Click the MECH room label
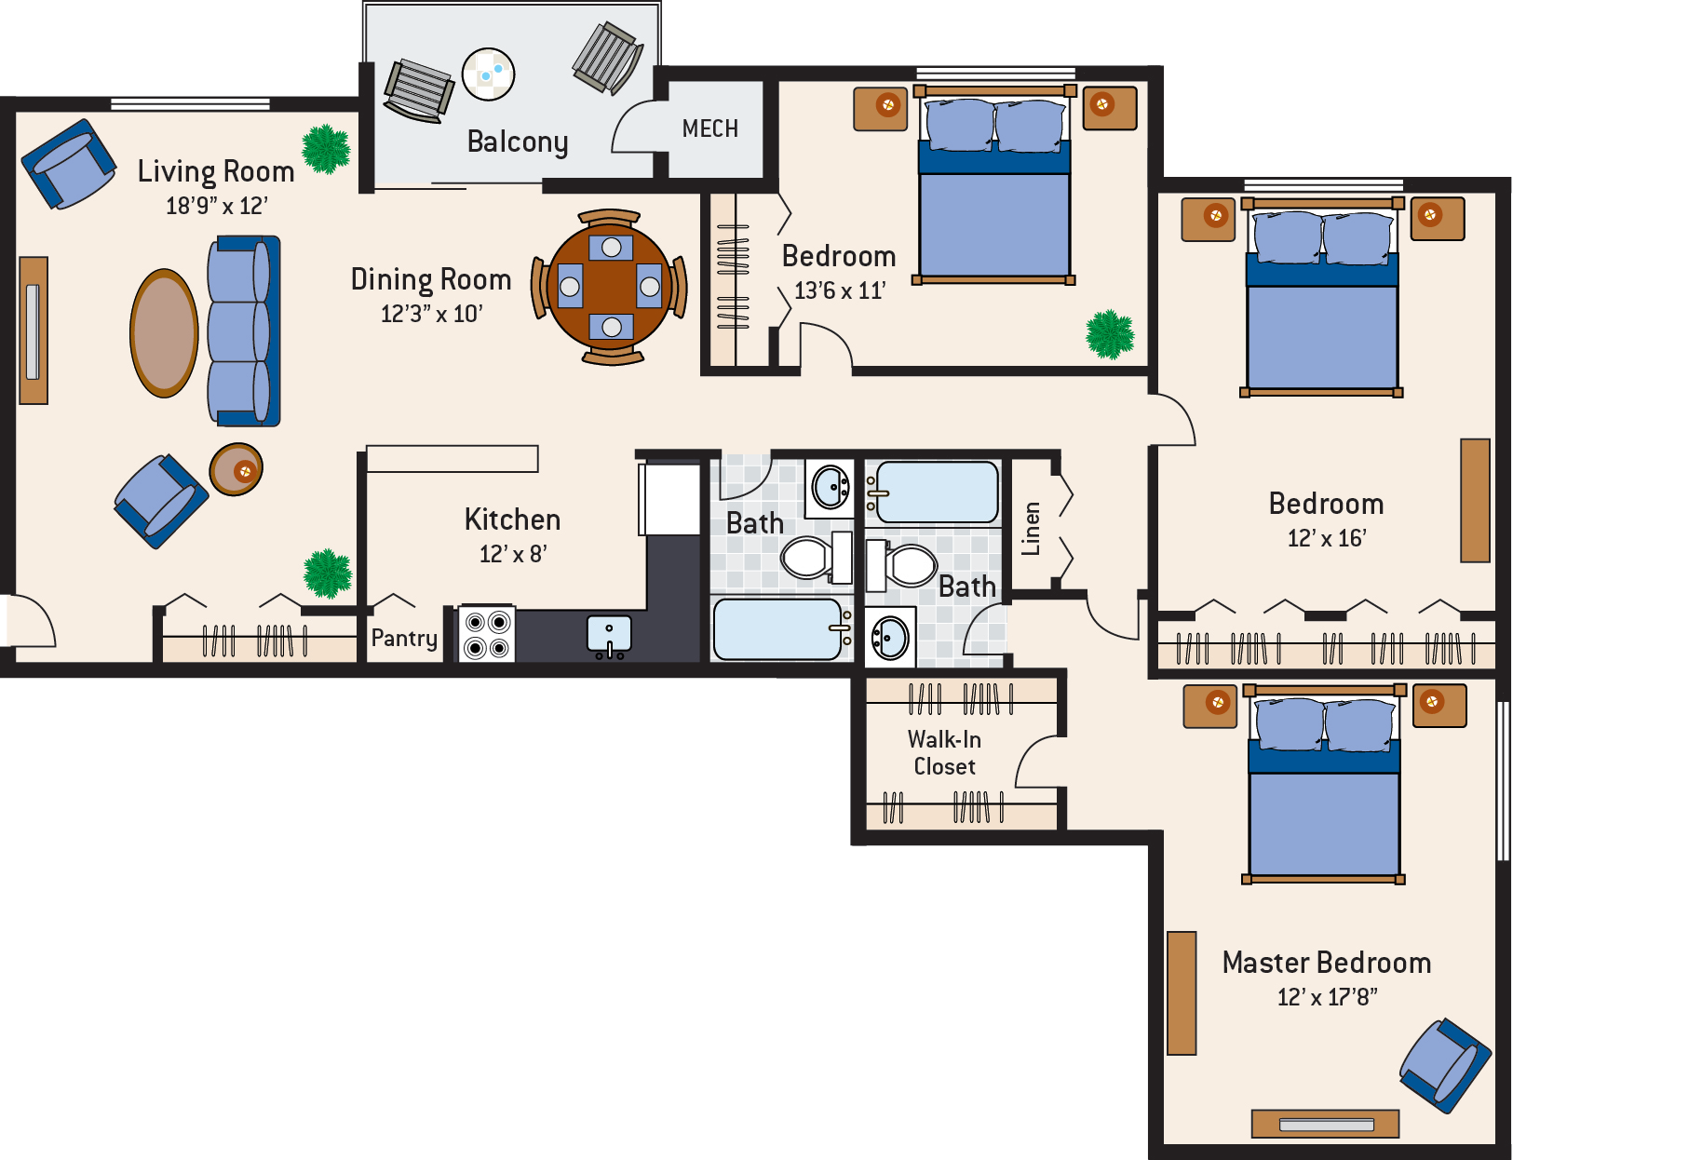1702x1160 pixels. (x=709, y=128)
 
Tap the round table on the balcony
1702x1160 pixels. (x=488, y=74)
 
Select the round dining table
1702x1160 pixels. (x=610, y=287)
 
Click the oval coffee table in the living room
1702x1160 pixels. (x=164, y=332)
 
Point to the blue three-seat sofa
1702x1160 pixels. (x=242, y=330)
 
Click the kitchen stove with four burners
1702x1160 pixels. (x=487, y=634)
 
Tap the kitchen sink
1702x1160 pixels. (x=609, y=635)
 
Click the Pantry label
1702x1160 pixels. (x=404, y=638)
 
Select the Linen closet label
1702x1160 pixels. (x=1031, y=528)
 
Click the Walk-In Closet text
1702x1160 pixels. (x=944, y=752)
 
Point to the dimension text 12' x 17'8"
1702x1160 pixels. (x=1327, y=997)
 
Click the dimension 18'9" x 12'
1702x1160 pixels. (x=216, y=206)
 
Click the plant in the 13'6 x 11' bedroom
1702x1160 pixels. (x=1110, y=334)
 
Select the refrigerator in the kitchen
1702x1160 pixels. (x=669, y=500)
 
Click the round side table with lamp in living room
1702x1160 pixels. (x=236, y=469)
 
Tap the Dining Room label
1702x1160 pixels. (x=430, y=279)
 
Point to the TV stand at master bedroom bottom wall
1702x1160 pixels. (x=1325, y=1124)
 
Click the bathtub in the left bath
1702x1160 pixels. (x=778, y=629)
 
